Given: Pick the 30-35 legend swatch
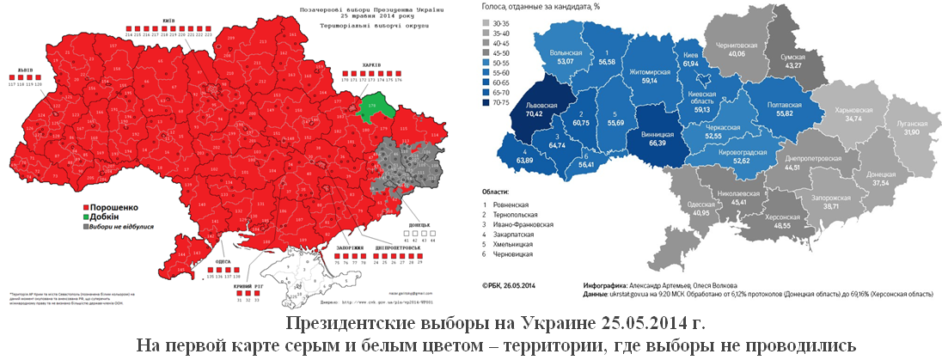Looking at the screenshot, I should pyautogui.click(x=488, y=24).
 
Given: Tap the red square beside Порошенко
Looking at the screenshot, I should pyautogui.click(x=85, y=207).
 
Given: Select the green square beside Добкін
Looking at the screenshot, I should pyautogui.click(x=85, y=217).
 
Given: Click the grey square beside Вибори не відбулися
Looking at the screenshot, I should pyautogui.click(x=85, y=228).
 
